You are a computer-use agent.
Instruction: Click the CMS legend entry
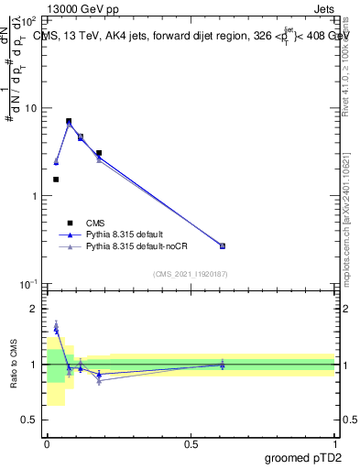(95, 223)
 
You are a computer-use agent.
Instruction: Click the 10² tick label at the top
(30, 20)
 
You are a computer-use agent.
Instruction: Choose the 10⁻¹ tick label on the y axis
(29, 285)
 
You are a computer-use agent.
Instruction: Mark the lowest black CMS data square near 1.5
(56, 180)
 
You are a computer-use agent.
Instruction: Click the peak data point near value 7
(69, 121)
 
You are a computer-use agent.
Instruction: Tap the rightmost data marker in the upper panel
(223, 245)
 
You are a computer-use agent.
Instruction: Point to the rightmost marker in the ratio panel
(223, 365)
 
